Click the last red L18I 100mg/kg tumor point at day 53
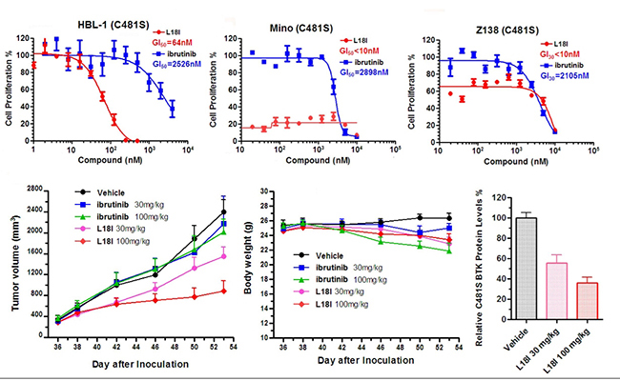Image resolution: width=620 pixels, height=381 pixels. coord(223,291)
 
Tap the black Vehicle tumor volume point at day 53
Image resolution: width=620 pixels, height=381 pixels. coord(223,211)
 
